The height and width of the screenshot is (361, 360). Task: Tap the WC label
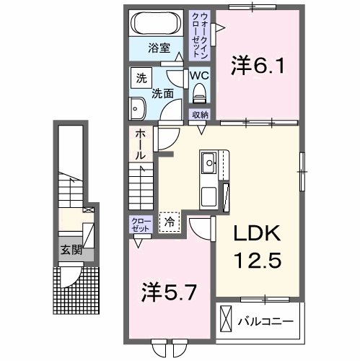click(199, 75)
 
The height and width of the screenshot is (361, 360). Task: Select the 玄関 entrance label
click(70, 251)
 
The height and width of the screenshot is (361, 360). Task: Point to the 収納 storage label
click(200, 115)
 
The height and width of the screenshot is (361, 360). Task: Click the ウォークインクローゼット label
click(198, 35)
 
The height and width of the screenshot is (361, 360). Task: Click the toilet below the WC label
click(199, 92)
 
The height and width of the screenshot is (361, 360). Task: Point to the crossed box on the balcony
click(226, 318)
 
